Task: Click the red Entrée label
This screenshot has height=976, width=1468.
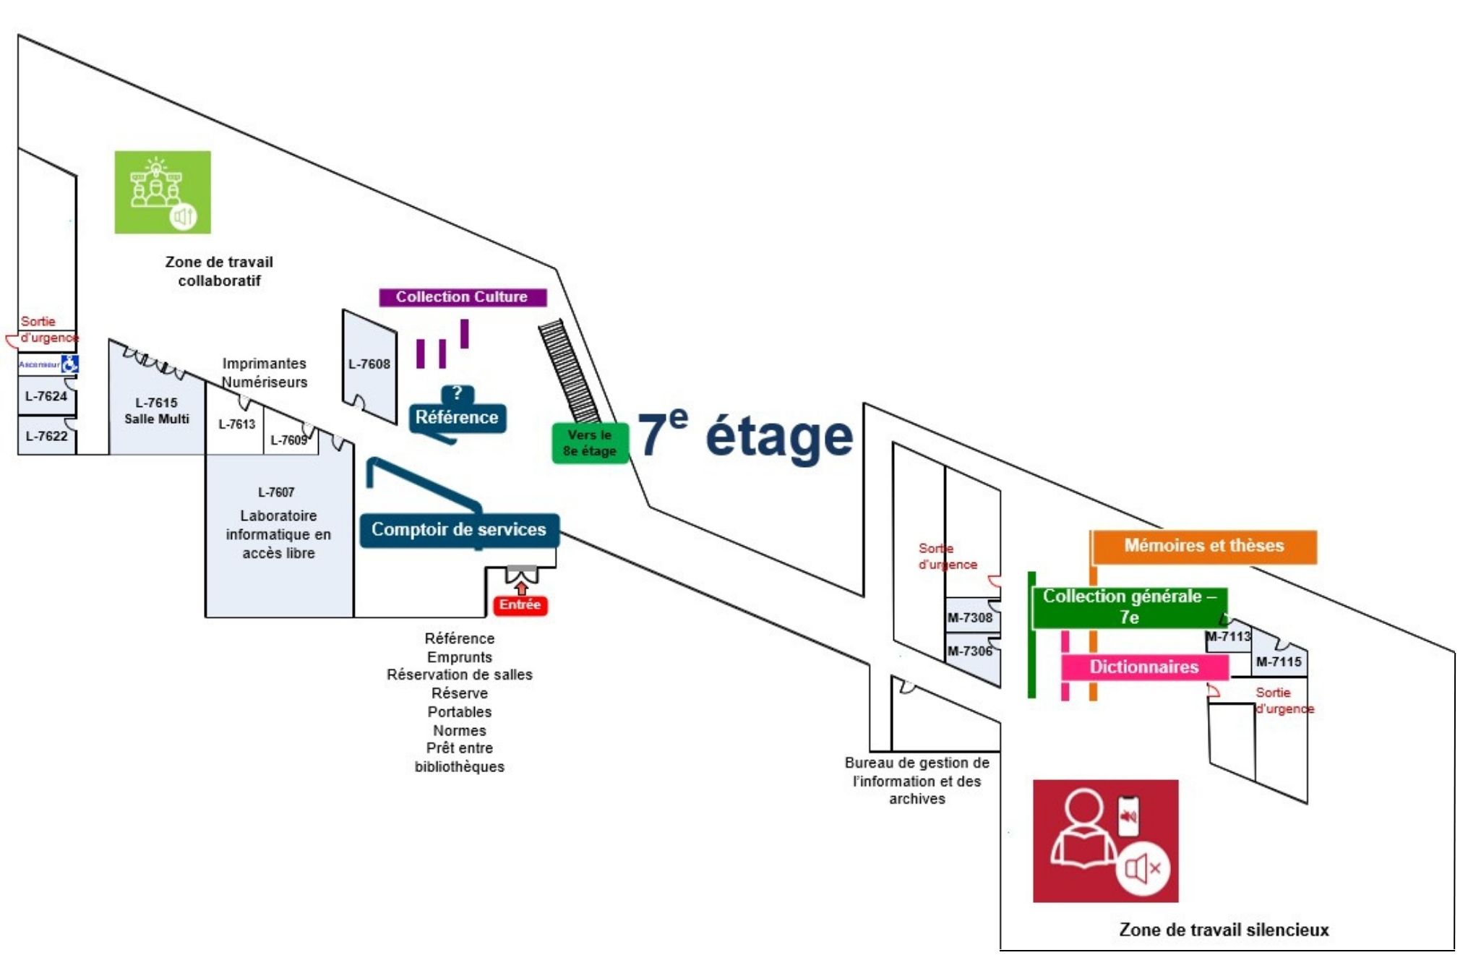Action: coord(520,605)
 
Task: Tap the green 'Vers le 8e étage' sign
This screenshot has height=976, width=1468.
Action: coord(590,442)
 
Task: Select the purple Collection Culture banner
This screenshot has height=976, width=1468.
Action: coord(462,297)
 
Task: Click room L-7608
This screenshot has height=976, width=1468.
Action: coord(369,364)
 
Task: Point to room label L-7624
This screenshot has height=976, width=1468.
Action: coord(46,396)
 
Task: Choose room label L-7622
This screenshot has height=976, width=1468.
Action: coord(46,436)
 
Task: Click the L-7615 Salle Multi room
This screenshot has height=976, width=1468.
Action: coord(156,411)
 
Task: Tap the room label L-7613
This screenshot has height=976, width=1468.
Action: coord(236,424)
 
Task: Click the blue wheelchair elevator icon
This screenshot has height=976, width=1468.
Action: coord(69,364)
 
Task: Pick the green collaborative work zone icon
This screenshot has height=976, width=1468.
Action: coord(163,192)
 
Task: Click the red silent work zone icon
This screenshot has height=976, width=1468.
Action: coord(1104,841)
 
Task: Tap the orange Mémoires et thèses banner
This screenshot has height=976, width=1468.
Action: coord(1203,546)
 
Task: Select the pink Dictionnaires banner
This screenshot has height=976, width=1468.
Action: coord(1143,667)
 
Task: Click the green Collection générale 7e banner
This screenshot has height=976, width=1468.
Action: coord(1128,607)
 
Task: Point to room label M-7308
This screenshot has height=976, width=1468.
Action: coord(969,618)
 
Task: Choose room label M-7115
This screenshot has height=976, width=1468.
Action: coord(1278,662)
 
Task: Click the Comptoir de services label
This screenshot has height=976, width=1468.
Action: coord(459,530)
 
